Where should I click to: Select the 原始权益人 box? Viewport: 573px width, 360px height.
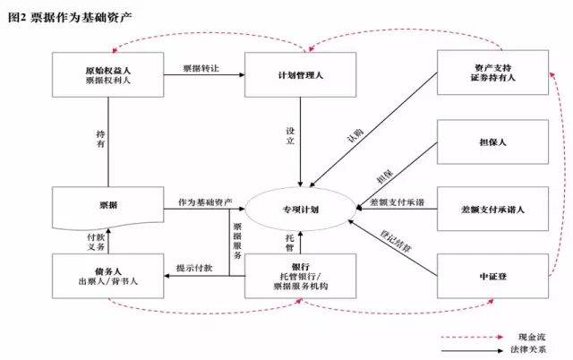[107, 73]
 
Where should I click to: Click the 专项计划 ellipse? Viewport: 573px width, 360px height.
[300, 209]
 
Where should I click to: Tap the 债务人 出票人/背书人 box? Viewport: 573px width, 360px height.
[107, 275]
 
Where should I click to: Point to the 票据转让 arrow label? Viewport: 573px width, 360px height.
[201, 68]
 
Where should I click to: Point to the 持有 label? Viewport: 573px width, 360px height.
[100, 140]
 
